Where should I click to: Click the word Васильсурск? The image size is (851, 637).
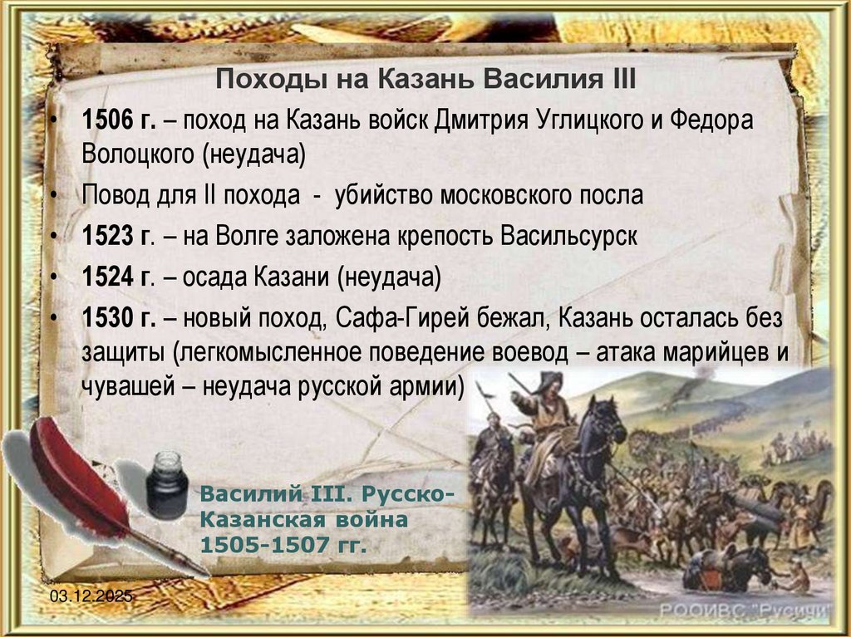[569, 237]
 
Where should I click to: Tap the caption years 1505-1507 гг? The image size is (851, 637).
[283, 546]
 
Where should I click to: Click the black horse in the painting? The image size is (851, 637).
[582, 465]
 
